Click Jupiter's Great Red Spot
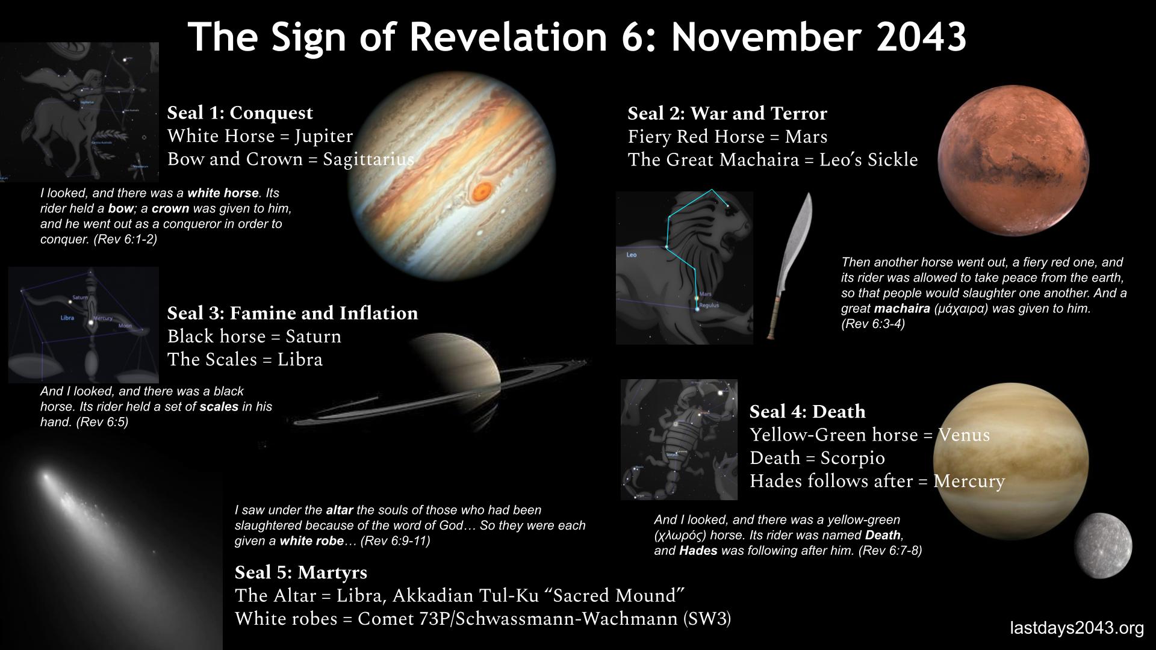482,192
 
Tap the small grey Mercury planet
1103,545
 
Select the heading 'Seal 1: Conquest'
240,113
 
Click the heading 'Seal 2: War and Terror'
727,113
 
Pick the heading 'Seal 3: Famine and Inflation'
292,313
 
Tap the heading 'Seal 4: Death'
807,412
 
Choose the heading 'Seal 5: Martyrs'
300,572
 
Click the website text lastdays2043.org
1077,628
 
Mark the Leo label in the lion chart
632,255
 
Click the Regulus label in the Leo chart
709,306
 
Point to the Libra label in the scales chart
67,317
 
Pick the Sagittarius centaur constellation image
79,112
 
